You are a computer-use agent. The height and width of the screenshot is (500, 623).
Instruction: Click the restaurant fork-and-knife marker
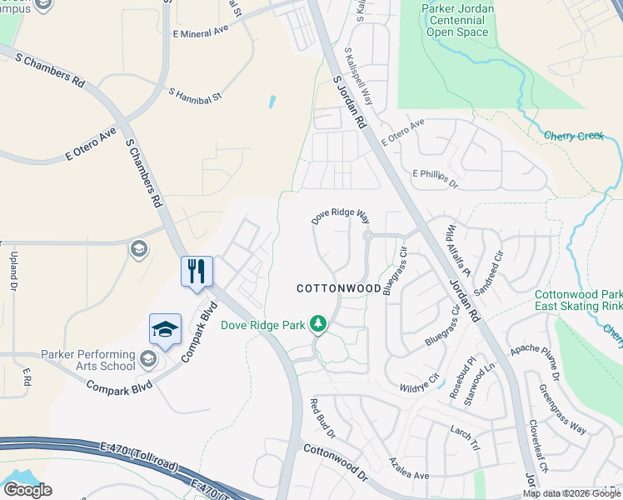click(197, 272)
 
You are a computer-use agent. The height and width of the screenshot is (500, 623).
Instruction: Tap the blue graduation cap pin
click(165, 330)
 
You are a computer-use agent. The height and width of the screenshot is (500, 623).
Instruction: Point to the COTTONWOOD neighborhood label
click(339, 287)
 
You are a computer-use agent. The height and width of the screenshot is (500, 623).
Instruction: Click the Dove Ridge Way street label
click(341, 217)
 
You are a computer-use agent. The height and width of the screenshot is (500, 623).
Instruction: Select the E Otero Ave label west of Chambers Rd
click(90, 143)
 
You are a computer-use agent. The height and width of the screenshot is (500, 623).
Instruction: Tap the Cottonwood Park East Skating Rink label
click(578, 300)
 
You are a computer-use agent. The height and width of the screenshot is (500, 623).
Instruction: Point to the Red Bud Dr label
click(322, 419)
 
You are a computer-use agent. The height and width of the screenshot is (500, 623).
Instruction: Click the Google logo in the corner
click(27, 490)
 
